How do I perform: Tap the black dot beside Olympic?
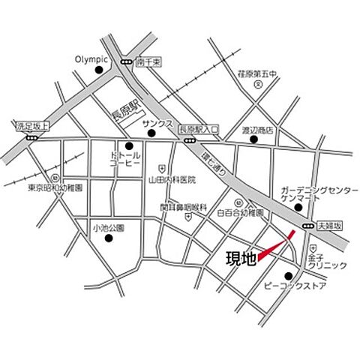(x=100, y=70)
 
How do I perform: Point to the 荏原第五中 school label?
(x=257, y=73)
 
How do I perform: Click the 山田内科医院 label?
(x=172, y=180)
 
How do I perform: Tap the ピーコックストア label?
(x=293, y=286)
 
